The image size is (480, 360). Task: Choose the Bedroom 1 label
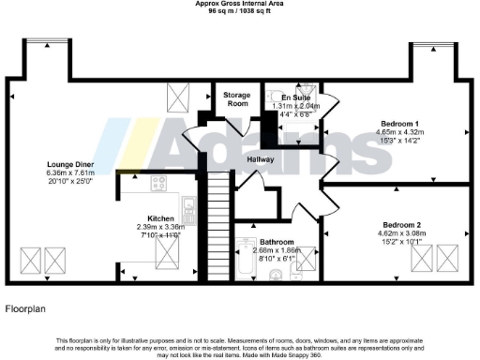403,124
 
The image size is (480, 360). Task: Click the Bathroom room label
277,241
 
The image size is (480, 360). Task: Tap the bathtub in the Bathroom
247,261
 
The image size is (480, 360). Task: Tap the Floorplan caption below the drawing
25,307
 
